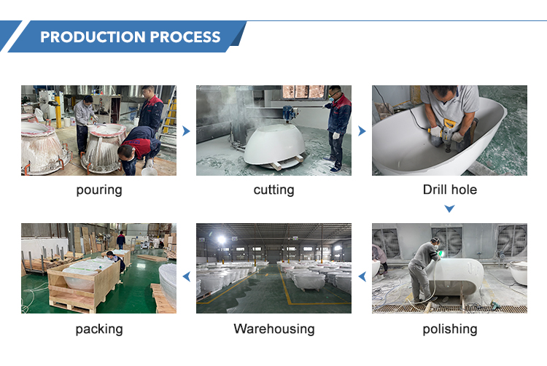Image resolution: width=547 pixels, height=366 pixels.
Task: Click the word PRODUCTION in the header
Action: point(93,37)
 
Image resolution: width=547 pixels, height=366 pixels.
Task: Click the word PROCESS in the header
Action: point(185,37)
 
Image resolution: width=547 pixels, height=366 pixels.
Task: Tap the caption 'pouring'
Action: point(99,190)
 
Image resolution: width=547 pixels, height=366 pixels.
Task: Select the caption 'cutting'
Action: point(273,190)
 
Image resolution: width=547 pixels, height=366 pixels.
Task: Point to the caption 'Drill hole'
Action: point(450,190)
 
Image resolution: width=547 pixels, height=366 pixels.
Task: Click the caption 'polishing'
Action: point(450,329)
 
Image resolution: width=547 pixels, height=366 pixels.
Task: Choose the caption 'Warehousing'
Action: point(273,329)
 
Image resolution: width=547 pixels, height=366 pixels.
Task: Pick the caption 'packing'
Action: point(99,330)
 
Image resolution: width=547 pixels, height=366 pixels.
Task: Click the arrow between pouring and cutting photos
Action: point(186,131)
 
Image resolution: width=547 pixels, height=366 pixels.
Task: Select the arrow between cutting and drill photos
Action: point(362,131)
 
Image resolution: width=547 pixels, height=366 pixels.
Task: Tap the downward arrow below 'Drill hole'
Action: point(450,209)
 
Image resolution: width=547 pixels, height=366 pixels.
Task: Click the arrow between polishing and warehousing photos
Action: point(362,276)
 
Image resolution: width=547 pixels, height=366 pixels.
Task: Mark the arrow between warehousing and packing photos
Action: point(187,276)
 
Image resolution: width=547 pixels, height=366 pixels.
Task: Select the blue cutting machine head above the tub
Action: point(290,113)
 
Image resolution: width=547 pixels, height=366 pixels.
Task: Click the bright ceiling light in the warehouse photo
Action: point(221,239)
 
